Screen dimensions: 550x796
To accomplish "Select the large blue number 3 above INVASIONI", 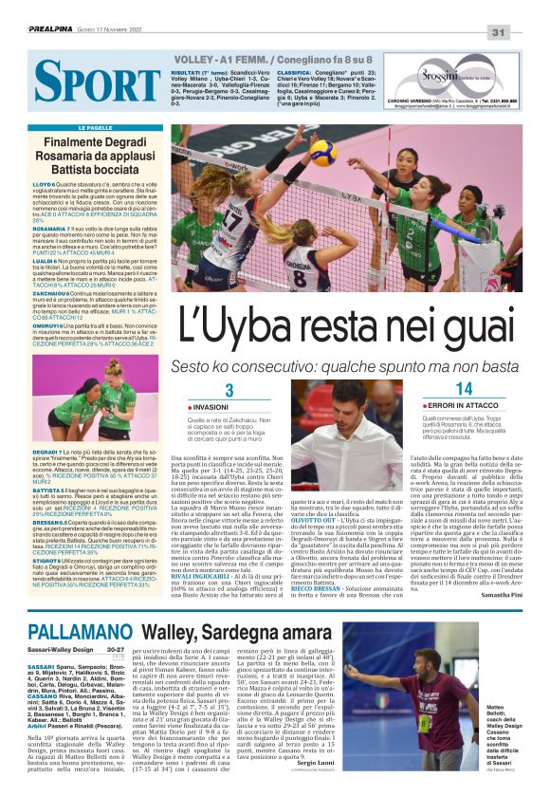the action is click(x=229, y=392).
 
